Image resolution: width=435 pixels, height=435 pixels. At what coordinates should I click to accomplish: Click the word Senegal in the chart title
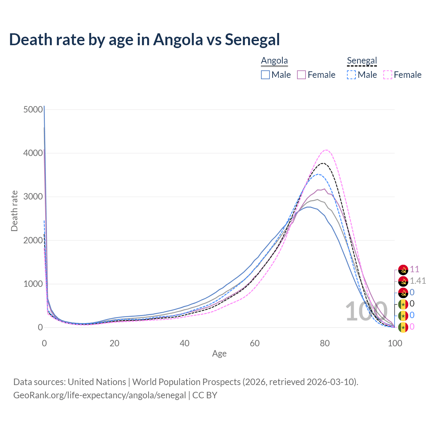click(252, 39)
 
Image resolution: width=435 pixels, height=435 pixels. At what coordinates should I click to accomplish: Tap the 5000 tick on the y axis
click(33, 109)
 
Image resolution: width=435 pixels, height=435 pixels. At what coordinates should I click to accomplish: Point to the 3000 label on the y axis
click(33, 197)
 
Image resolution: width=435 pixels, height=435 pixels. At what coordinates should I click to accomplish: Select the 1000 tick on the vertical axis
click(33, 284)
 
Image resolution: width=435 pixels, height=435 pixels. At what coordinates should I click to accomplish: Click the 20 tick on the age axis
click(115, 343)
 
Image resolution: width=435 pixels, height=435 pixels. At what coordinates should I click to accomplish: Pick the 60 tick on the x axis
click(255, 343)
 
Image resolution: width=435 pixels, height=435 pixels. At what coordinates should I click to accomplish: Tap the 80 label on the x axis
click(325, 343)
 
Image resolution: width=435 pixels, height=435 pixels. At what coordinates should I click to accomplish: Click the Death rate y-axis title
click(14, 211)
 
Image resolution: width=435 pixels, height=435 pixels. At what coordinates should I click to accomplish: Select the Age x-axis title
click(219, 354)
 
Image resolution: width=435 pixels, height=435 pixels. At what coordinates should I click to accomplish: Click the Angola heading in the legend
click(274, 61)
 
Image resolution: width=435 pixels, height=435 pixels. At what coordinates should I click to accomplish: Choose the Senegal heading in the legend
click(362, 61)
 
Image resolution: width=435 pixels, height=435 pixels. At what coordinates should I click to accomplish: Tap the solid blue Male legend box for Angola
click(265, 75)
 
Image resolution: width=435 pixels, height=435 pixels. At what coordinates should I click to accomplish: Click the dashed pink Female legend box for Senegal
click(388, 75)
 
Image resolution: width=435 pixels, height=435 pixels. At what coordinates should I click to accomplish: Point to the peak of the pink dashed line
click(326, 150)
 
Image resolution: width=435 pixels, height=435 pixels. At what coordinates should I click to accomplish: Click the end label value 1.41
click(418, 281)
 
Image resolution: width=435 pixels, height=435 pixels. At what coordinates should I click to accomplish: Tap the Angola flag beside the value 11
click(403, 270)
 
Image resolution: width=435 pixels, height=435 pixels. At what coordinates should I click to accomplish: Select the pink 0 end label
click(412, 327)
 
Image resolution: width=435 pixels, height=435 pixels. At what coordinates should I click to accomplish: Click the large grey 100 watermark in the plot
click(366, 311)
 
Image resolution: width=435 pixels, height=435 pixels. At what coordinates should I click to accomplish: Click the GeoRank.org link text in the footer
click(100, 395)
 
